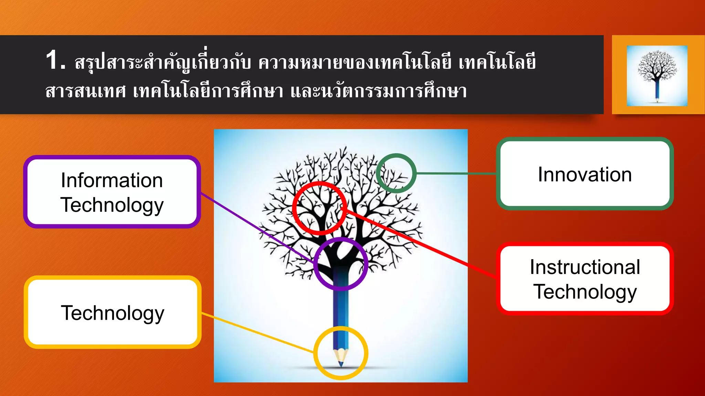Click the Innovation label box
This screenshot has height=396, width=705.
(x=585, y=174)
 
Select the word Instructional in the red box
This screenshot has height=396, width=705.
(x=585, y=267)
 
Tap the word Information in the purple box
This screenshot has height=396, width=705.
(x=112, y=180)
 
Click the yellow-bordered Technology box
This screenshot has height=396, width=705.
(x=113, y=312)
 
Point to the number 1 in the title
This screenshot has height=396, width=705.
(x=53, y=60)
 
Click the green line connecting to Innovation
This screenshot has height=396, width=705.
(x=456, y=174)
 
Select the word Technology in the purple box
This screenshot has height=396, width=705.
(x=112, y=205)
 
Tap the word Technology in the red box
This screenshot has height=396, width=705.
(x=585, y=291)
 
